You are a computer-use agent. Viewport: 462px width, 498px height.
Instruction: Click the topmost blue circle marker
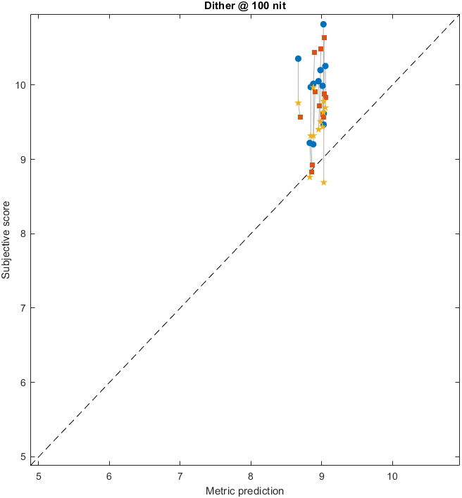323,24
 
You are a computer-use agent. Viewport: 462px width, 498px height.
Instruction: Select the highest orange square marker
324,37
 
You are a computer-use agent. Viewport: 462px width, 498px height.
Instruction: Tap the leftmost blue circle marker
298,58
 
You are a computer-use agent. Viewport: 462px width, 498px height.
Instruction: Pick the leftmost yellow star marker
298,103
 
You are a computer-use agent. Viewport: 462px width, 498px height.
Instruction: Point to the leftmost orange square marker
300,117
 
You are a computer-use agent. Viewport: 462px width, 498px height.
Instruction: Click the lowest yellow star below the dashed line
323,182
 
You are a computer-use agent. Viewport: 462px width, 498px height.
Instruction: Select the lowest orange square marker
311,172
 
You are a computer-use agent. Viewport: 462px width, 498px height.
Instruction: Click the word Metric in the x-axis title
220,490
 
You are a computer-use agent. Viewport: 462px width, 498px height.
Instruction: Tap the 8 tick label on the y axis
24,234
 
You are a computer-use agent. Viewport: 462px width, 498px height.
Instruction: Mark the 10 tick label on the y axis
21,85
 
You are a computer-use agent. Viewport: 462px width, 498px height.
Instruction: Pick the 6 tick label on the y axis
24,382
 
